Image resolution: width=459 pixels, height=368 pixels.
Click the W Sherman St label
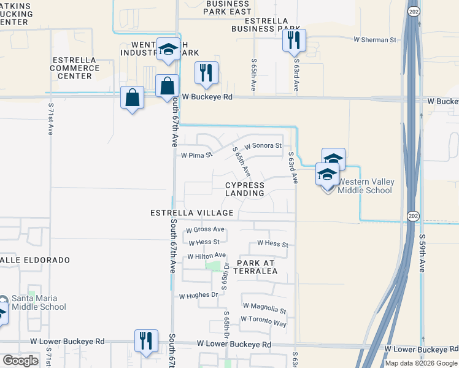376,40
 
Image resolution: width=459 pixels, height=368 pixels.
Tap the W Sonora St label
263,146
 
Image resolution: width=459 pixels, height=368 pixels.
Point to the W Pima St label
196,155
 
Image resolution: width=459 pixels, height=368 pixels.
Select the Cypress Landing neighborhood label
244,189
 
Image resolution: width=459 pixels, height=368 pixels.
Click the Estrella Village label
192,213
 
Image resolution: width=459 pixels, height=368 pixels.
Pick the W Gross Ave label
206,230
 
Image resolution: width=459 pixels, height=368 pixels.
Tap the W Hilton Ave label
207,256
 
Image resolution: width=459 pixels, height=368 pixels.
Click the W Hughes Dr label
198,295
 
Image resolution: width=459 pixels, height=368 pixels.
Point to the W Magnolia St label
264,305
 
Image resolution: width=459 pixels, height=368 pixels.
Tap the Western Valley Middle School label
366,186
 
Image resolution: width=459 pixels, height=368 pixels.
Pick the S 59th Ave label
422,253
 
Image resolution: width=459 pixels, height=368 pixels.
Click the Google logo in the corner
20,361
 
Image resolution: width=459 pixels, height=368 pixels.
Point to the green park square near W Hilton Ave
214,266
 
